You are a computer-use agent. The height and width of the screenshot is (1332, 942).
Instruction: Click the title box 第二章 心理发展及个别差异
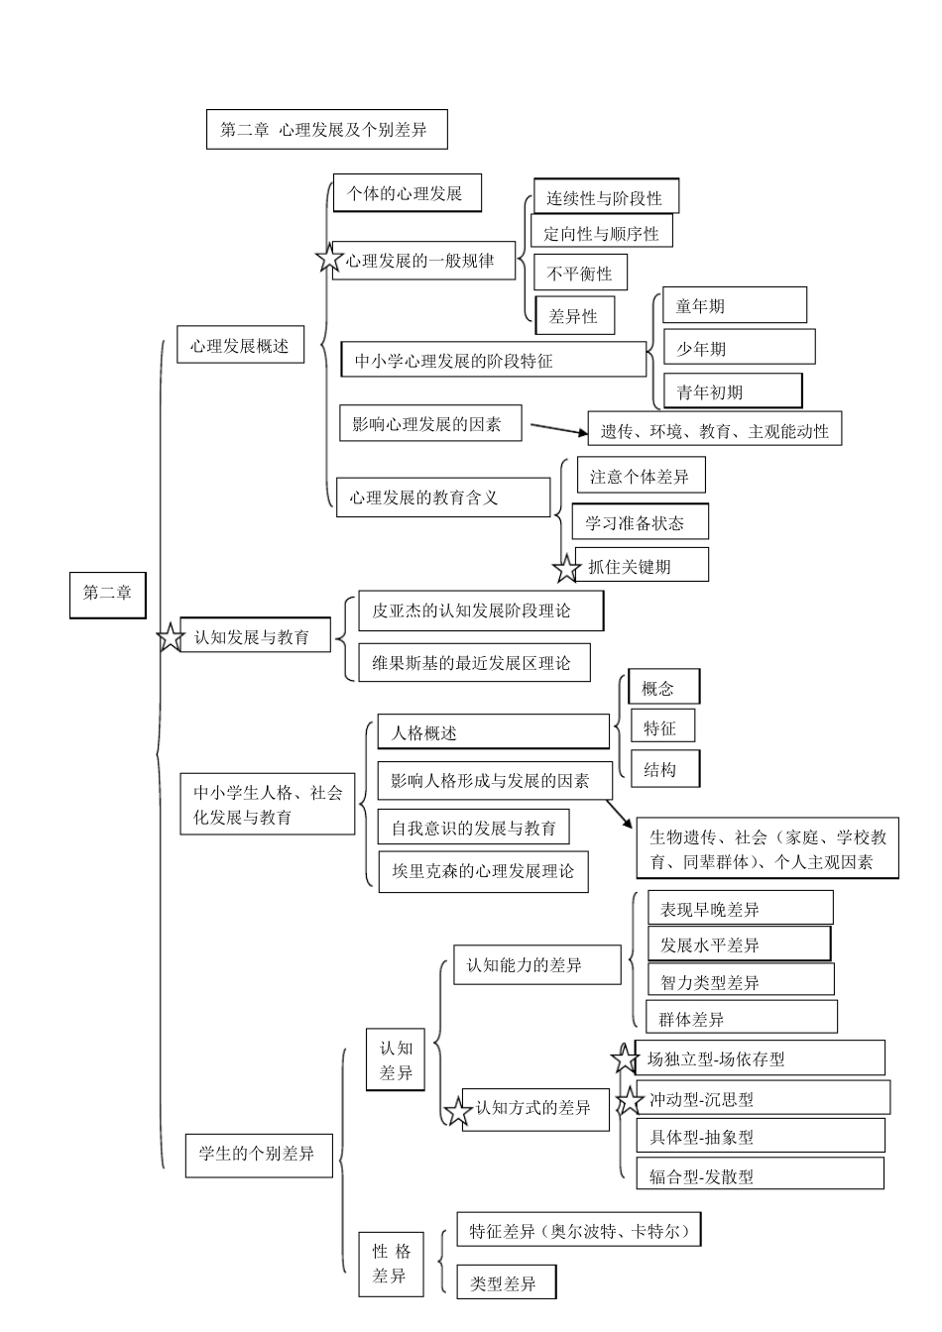click(326, 130)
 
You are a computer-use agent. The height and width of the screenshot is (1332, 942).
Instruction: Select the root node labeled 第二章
click(107, 594)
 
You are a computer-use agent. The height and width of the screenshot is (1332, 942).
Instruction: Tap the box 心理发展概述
click(240, 346)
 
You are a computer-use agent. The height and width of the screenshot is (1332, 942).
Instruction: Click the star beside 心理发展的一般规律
click(329, 260)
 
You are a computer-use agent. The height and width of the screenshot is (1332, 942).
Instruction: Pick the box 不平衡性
click(580, 274)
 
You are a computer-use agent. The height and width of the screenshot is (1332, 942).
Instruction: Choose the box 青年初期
click(733, 391)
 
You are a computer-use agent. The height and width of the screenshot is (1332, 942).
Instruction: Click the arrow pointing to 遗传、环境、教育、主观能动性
click(559, 429)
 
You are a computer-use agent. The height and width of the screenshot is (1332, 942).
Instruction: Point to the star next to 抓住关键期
click(566, 569)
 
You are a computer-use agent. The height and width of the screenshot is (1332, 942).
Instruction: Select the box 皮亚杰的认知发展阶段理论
click(480, 610)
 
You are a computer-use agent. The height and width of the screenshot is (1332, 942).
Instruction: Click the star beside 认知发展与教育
click(172, 637)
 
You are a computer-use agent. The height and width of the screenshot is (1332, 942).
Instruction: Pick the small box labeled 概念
click(663, 688)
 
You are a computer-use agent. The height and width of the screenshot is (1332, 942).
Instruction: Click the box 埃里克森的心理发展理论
click(482, 871)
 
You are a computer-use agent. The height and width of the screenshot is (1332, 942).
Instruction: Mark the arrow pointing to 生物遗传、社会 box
click(621, 814)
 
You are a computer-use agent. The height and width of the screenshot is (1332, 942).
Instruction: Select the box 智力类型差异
click(741, 981)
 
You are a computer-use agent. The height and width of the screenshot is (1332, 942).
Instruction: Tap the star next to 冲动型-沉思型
click(630, 1100)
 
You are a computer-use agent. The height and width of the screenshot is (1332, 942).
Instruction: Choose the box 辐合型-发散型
click(760, 1175)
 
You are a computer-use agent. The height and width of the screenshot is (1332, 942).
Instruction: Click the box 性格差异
click(391, 1263)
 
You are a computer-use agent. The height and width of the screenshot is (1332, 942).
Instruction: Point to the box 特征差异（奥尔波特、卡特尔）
click(579, 1231)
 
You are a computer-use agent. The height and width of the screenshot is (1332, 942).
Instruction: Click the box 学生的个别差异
click(258, 1154)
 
